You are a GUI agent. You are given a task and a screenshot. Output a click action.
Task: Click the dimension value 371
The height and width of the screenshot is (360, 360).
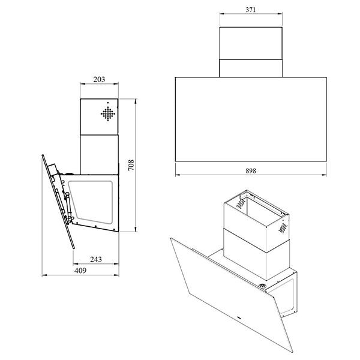click(250, 10)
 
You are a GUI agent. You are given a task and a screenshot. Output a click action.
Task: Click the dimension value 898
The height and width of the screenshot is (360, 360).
click(251, 171)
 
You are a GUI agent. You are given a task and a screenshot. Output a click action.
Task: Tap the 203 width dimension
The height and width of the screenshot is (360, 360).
click(99, 79)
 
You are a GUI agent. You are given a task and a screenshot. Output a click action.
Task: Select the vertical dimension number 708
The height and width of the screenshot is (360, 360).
click(131, 165)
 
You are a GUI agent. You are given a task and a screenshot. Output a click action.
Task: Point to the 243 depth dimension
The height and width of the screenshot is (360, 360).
click(96, 259)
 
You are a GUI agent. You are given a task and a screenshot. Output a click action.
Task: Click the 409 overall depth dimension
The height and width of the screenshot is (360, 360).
click(80, 271)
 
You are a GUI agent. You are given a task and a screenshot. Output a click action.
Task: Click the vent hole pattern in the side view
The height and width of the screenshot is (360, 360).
click(108, 113)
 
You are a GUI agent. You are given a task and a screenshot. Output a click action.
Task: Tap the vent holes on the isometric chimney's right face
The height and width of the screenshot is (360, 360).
click(283, 228)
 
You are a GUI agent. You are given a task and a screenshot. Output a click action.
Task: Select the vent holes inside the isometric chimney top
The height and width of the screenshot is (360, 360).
click(241, 203)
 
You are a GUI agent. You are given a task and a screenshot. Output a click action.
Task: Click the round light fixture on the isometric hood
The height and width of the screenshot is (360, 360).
click(262, 286)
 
